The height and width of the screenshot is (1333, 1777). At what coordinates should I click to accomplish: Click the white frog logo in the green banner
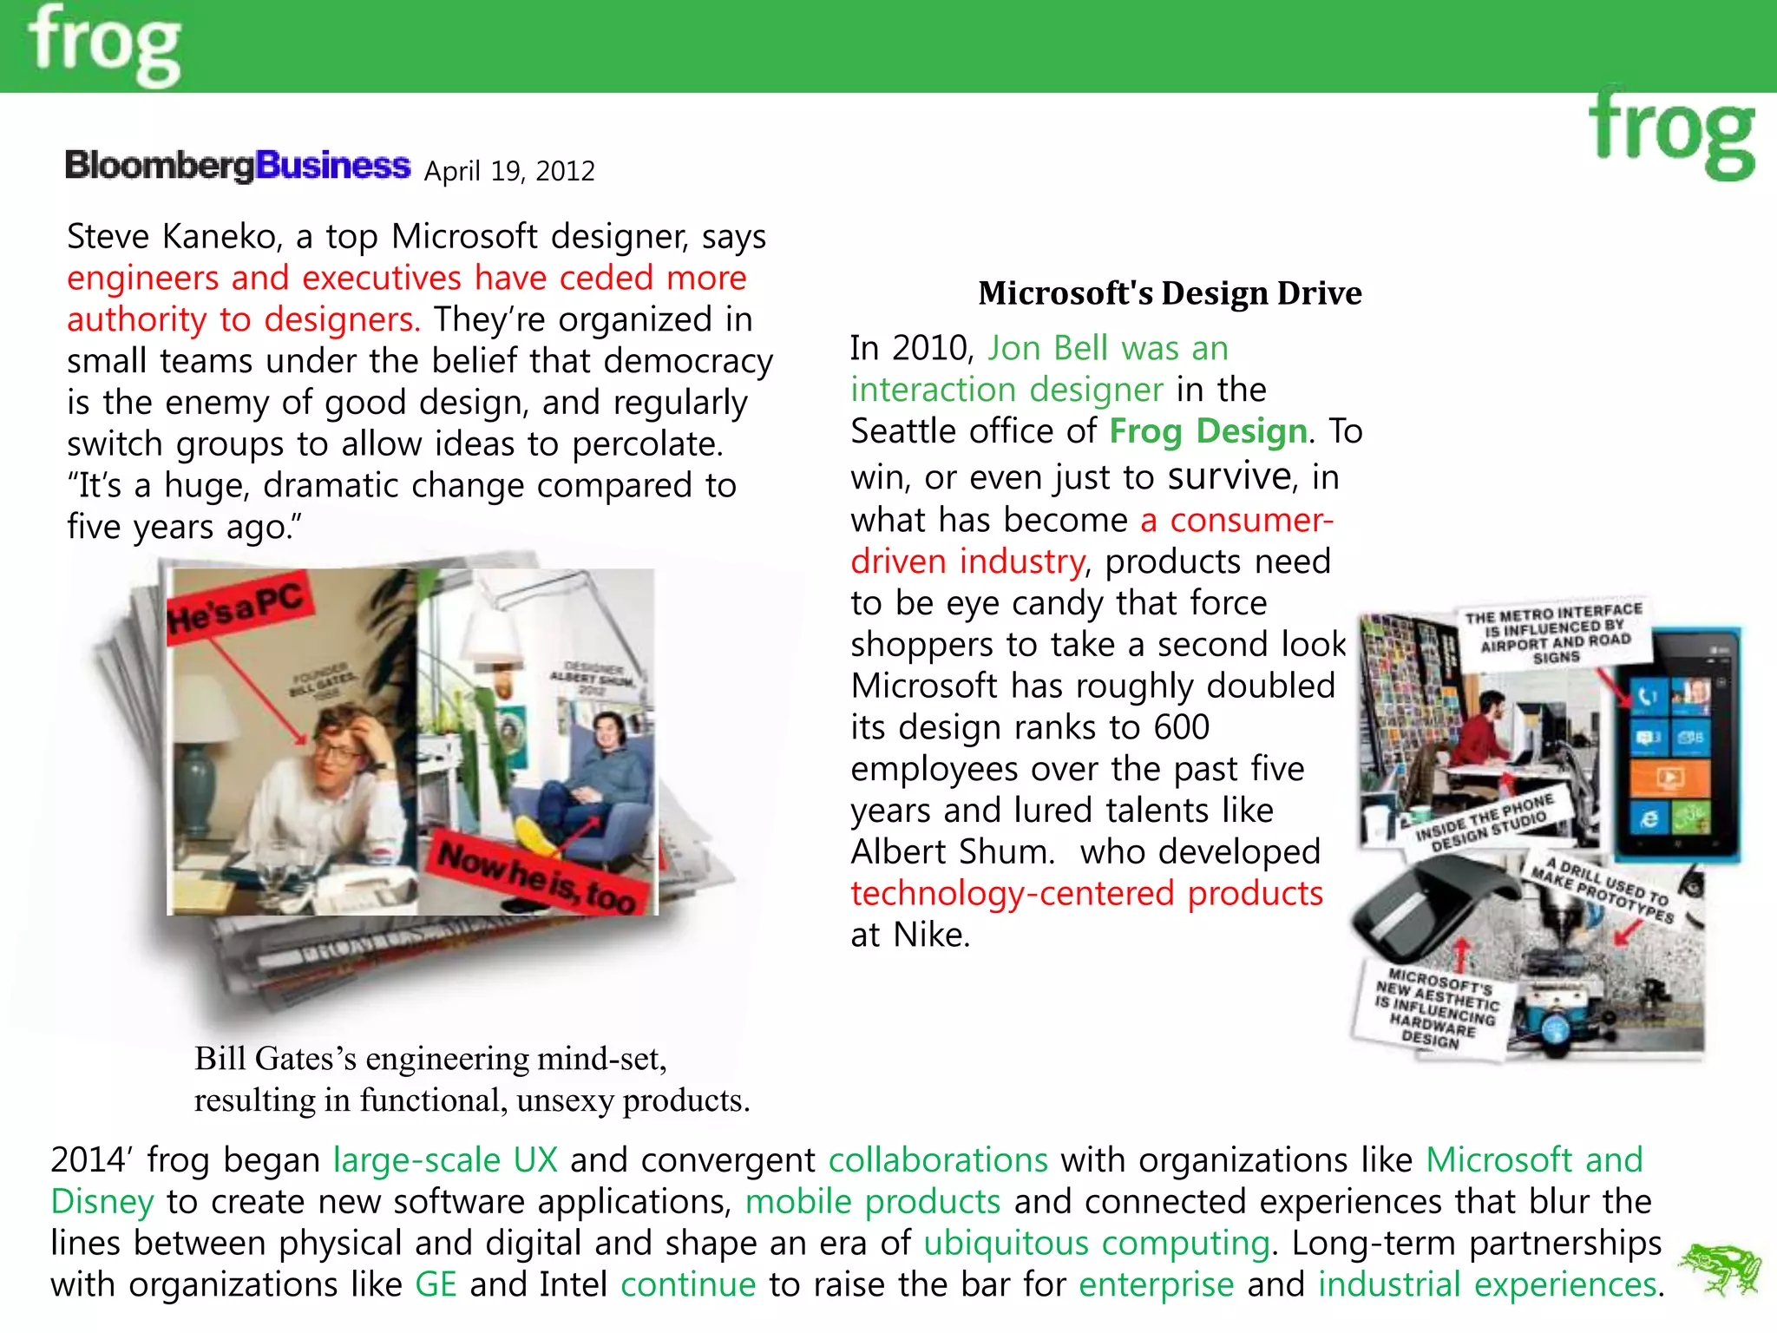pos(104,45)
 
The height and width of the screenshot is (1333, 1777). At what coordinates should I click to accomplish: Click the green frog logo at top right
pos(1671,135)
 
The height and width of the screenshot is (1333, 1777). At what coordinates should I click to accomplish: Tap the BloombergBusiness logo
pos(237,165)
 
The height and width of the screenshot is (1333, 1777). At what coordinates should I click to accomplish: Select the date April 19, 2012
pos(509,171)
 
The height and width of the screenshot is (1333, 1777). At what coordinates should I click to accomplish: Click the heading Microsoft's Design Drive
pos(1170,293)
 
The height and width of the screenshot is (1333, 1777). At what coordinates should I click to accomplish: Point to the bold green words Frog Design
pos(1208,431)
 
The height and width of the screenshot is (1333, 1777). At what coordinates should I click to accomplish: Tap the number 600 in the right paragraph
pos(1181,727)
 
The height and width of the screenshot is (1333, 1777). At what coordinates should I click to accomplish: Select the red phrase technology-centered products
pos(1086,893)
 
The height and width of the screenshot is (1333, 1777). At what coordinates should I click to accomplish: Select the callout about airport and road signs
pos(1553,633)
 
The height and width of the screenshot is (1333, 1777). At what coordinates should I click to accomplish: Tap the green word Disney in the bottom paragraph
pos(102,1202)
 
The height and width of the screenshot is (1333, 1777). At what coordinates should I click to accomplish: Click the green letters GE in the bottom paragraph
pos(436,1284)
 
